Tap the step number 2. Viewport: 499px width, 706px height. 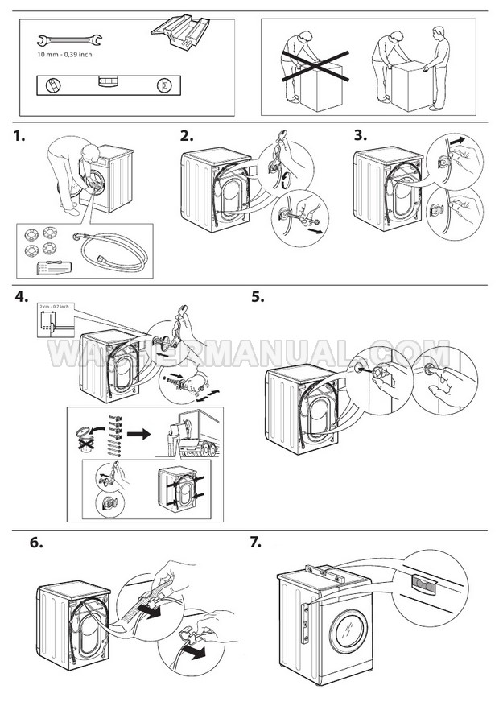tap(187, 136)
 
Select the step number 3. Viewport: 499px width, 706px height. tap(360, 135)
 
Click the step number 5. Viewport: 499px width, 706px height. tap(258, 297)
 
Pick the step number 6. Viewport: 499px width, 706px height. tap(36, 543)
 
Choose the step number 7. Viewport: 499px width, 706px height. tap(257, 542)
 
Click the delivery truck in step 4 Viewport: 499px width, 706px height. tap(197, 438)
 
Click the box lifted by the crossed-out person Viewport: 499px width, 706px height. tap(319, 81)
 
